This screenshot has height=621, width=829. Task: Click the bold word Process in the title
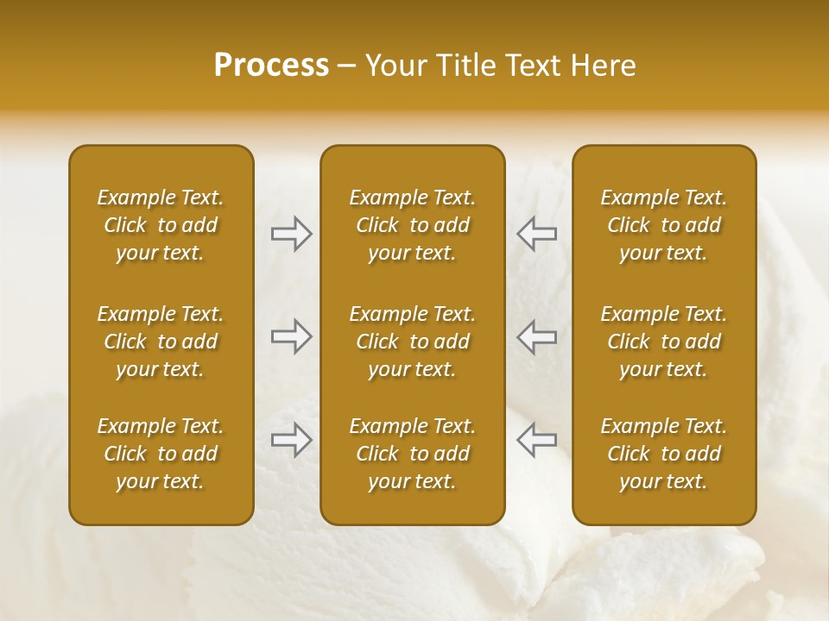(271, 66)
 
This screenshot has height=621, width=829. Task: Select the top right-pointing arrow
(291, 234)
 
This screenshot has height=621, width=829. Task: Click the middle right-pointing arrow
(291, 336)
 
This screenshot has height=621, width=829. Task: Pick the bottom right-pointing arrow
(291, 440)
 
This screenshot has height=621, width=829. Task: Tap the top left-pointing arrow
(537, 234)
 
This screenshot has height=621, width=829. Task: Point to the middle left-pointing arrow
(537, 336)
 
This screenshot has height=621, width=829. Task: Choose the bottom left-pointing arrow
(537, 440)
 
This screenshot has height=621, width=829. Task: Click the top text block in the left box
(161, 225)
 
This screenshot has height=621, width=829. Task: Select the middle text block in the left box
(161, 342)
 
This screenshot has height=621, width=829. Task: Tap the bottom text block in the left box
(161, 454)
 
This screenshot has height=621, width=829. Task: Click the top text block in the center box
(413, 225)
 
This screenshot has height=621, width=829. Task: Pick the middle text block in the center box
(413, 342)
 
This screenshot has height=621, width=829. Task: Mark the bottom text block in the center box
(413, 454)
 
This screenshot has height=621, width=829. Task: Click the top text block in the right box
(664, 225)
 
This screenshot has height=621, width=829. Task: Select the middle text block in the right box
(664, 342)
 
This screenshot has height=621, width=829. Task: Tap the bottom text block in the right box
(664, 454)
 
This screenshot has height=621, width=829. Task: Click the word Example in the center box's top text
(388, 198)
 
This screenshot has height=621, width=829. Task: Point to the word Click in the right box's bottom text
(628, 454)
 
